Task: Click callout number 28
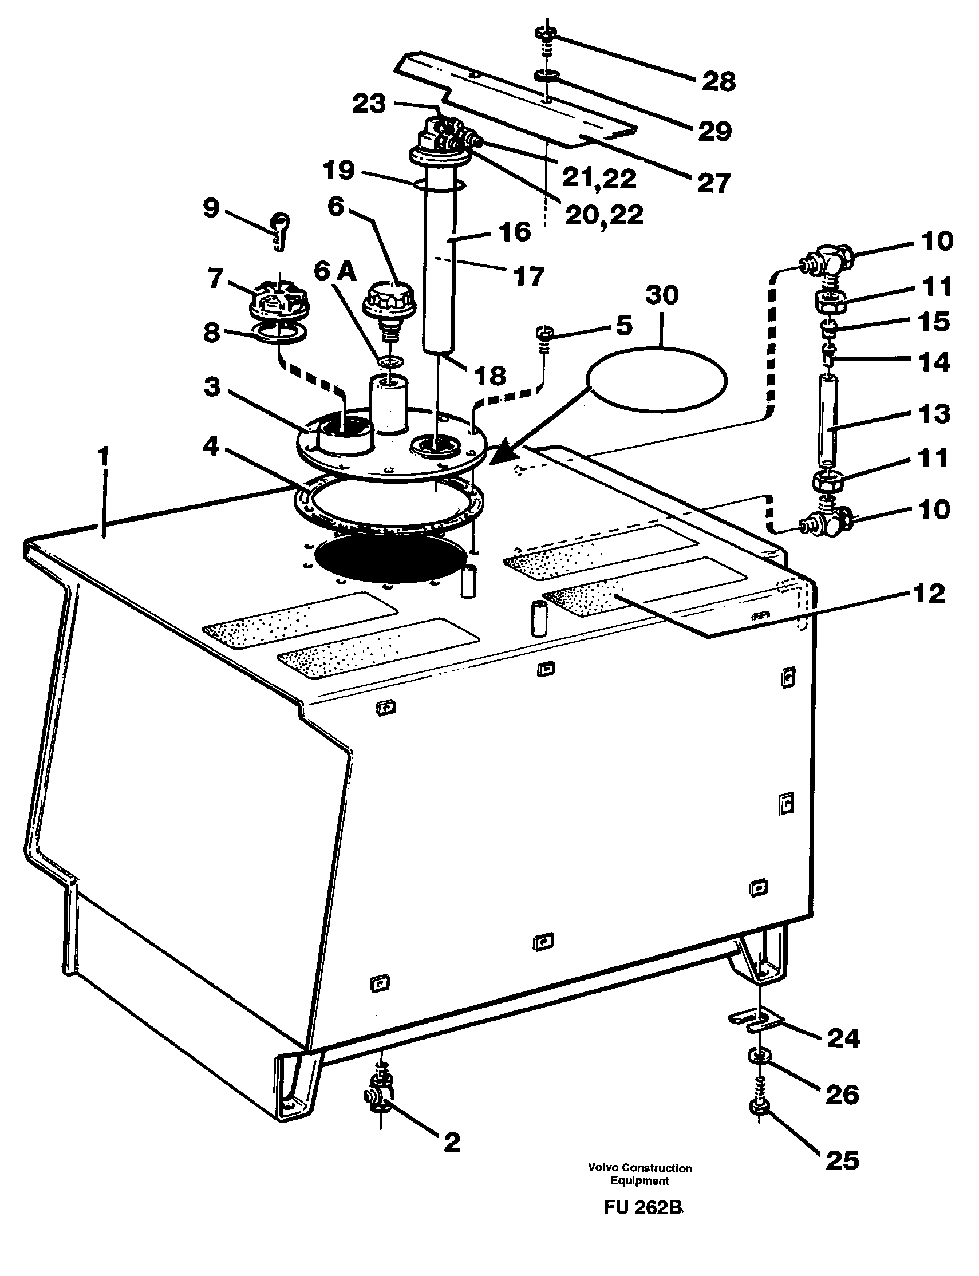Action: (718, 81)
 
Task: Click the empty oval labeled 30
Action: (657, 380)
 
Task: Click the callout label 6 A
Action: (334, 271)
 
